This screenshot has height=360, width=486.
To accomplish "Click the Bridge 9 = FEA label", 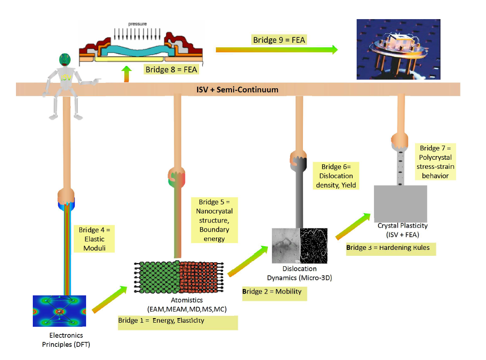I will [279, 40].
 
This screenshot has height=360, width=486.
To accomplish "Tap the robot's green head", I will [66, 59].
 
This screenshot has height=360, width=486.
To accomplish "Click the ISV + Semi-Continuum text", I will [234, 90].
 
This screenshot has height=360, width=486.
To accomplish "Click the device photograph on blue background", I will [398, 50].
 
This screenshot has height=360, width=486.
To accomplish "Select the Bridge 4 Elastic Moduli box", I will [94, 238].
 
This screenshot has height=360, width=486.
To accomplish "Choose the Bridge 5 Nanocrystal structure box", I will [214, 220].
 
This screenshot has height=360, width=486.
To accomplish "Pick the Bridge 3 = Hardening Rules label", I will [391, 249].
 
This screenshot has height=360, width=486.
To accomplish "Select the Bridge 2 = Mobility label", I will [274, 291].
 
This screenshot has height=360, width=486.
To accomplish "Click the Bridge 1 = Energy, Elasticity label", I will [178, 321].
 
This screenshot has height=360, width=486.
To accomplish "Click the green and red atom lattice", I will [179, 277].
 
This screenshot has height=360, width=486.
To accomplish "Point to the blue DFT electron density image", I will [60, 311].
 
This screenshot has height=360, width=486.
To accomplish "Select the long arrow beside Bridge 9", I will [277, 49].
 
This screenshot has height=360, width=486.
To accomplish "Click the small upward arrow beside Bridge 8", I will [126, 74].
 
